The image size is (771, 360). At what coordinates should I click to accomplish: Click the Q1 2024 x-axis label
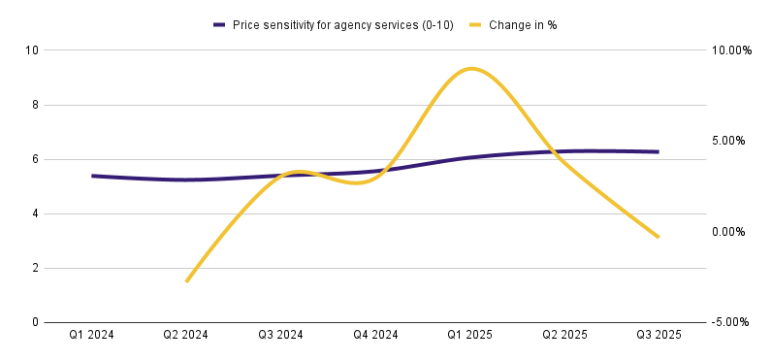coord(91,335)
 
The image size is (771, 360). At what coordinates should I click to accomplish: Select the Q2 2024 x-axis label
coord(186,335)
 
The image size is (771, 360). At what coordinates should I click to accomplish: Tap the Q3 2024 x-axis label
coord(280,335)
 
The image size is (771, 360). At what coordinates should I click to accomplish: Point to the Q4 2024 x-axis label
coord(375,335)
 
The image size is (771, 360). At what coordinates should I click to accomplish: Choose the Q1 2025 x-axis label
coord(469,335)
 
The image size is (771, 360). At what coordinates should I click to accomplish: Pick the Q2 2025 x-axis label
coord(564,335)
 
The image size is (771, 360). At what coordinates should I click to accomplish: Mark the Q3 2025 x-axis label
coord(659,335)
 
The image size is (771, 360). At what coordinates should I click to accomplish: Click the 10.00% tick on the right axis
coord(731,50)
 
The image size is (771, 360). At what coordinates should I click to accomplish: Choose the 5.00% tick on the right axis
coord(729,141)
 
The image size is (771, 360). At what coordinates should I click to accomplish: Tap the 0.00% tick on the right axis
coord(729,232)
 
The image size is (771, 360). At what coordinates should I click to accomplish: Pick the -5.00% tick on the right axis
coord(729,322)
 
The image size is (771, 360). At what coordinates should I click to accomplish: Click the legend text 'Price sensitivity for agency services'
coord(324,25)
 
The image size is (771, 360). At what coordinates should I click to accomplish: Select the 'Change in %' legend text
coord(523,25)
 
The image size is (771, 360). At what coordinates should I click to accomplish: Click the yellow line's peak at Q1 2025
coord(471,68)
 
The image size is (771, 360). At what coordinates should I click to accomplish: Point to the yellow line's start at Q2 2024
coord(186,281)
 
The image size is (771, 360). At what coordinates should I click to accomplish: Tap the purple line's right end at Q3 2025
coord(658,152)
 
